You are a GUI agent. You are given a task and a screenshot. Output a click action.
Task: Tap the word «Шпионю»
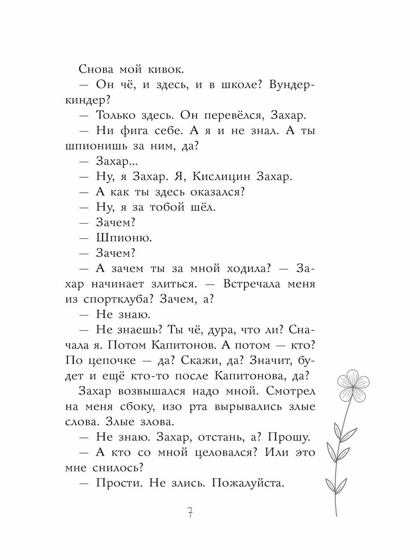(x=124, y=237)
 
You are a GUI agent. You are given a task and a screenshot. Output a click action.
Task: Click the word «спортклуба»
(x=126, y=299)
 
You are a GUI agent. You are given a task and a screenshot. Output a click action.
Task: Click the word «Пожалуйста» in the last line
(x=248, y=483)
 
